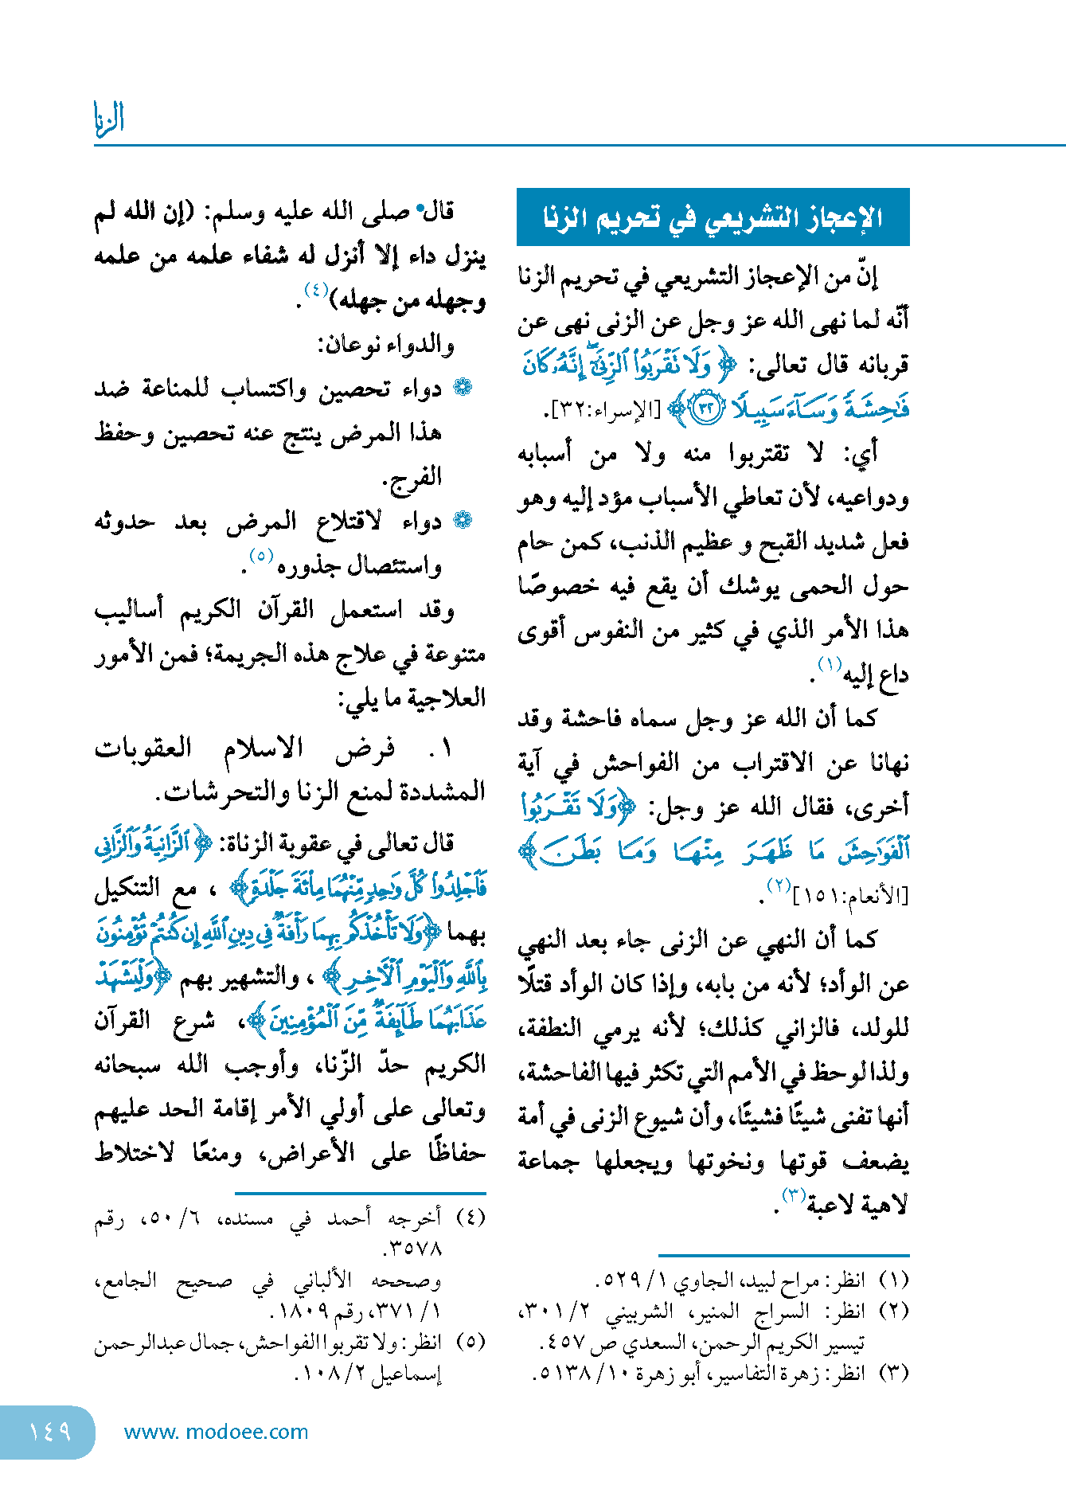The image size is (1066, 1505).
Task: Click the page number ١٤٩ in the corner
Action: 49,1432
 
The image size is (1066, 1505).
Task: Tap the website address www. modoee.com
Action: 216,1432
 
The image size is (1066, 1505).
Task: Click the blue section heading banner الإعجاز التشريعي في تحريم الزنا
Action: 713,217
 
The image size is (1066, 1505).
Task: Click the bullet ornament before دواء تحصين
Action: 463,388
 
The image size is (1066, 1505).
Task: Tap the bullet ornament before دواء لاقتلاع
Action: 463,521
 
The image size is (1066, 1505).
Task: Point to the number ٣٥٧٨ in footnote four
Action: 413,1249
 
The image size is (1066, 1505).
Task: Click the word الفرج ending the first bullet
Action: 412,477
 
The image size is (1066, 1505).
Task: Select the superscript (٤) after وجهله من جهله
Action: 316,291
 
